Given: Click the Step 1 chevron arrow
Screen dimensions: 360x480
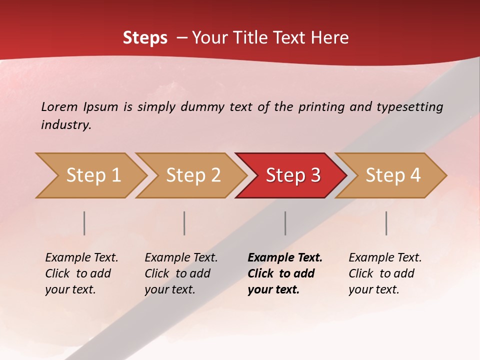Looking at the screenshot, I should tap(92, 175).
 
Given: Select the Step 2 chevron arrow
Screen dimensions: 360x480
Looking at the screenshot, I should tap(192, 175).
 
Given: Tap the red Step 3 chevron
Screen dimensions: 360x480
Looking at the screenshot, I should tap(292, 175).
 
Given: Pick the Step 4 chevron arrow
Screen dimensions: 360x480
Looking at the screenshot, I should tap(392, 175).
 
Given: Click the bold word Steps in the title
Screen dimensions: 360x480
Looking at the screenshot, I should tap(145, 38).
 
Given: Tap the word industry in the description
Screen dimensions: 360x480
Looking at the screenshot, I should tap(66, 125).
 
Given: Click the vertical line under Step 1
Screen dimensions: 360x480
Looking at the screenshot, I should tap(84, 223).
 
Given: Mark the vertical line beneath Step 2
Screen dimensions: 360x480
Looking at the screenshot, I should tap(184, 223).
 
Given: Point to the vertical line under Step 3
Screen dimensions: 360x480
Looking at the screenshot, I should tap(285, 223).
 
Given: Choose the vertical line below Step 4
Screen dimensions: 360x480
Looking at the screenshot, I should tap(386, 223).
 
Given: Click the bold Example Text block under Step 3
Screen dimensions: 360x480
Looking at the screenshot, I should tap(285, 273).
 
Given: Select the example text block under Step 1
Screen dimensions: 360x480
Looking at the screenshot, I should tap(81, 273).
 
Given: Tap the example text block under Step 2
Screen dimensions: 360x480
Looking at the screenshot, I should tap(181, 273).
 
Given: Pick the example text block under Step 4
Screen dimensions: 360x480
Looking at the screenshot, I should tap(385, 273).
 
